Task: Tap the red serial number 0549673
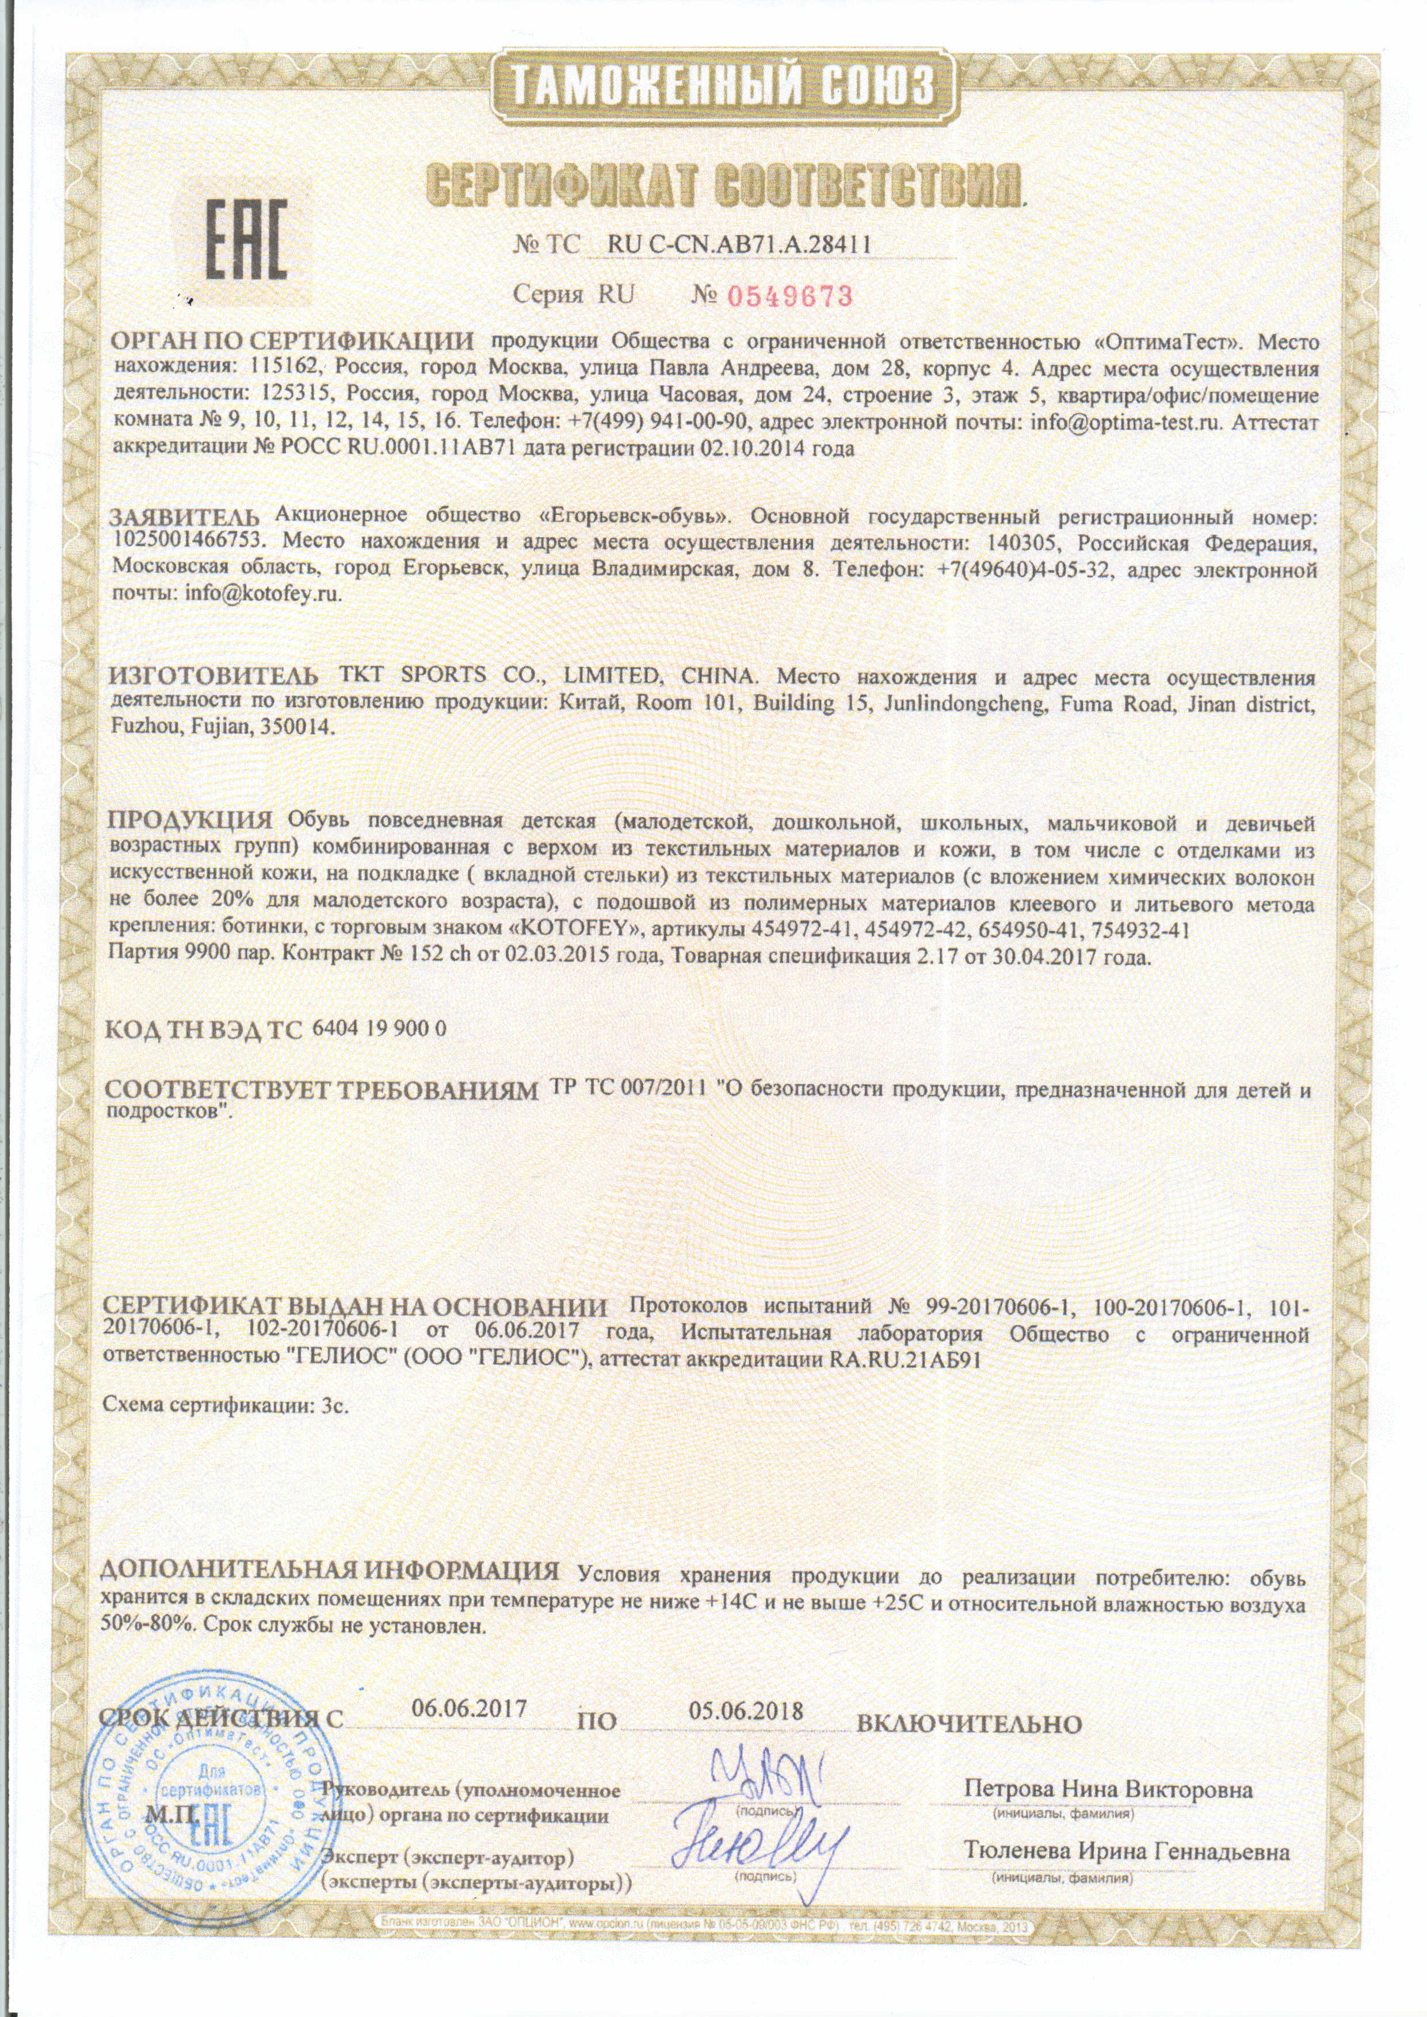pos(789,296)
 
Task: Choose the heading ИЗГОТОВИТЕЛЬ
pos(215,676)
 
